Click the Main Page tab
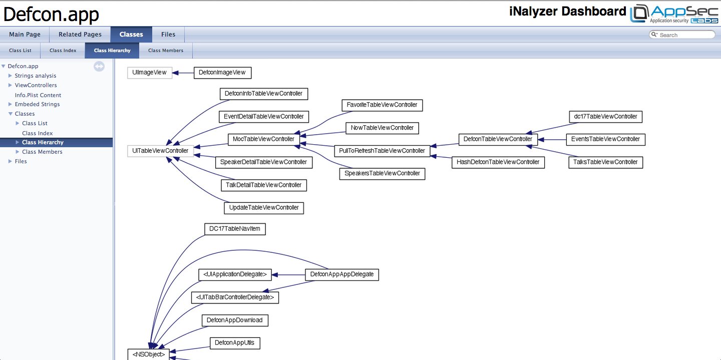coord(25,35)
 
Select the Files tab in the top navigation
coord(168,35)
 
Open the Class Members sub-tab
coord(166,51)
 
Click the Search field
coord(682,35)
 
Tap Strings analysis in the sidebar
coord(36,76)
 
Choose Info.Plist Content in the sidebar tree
coord(38,95)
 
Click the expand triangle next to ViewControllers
coord(11,85)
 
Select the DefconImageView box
coord(222,73)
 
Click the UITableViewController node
coord(160,151)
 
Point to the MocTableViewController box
coord(263,139)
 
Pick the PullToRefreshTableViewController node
coord(382,151)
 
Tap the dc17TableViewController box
coord(605,117)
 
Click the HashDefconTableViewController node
coord(498,162)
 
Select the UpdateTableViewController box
coord(264,208)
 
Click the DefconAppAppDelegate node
coord(342,274)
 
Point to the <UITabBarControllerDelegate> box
coord(235,297)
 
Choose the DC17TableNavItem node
coord(235,229)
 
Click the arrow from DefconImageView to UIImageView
coord(183,73)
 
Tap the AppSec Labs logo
coord(674,14)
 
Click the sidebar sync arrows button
coord(99,66)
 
